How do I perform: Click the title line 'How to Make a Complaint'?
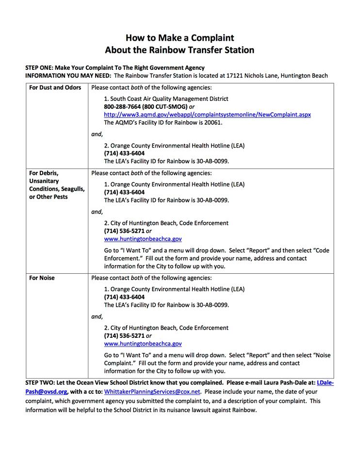(x=180, y=37)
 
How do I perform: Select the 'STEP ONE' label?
(x=41, y=67)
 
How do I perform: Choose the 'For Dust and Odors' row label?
(x=55, y=88)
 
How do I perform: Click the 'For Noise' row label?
(x=42, y=278)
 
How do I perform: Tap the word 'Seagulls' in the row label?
(x=71, y=189)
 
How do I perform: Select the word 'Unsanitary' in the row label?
(x=44, y=181)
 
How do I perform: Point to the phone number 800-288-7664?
(x=121, y=106)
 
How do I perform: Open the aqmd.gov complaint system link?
(x=207, y=115)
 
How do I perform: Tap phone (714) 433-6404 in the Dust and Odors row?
(x=124, y=153)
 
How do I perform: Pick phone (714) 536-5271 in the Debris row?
(x=124, y=231)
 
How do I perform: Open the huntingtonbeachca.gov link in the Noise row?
(x=143, y=344)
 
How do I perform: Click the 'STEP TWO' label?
(x=41, y=383)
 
